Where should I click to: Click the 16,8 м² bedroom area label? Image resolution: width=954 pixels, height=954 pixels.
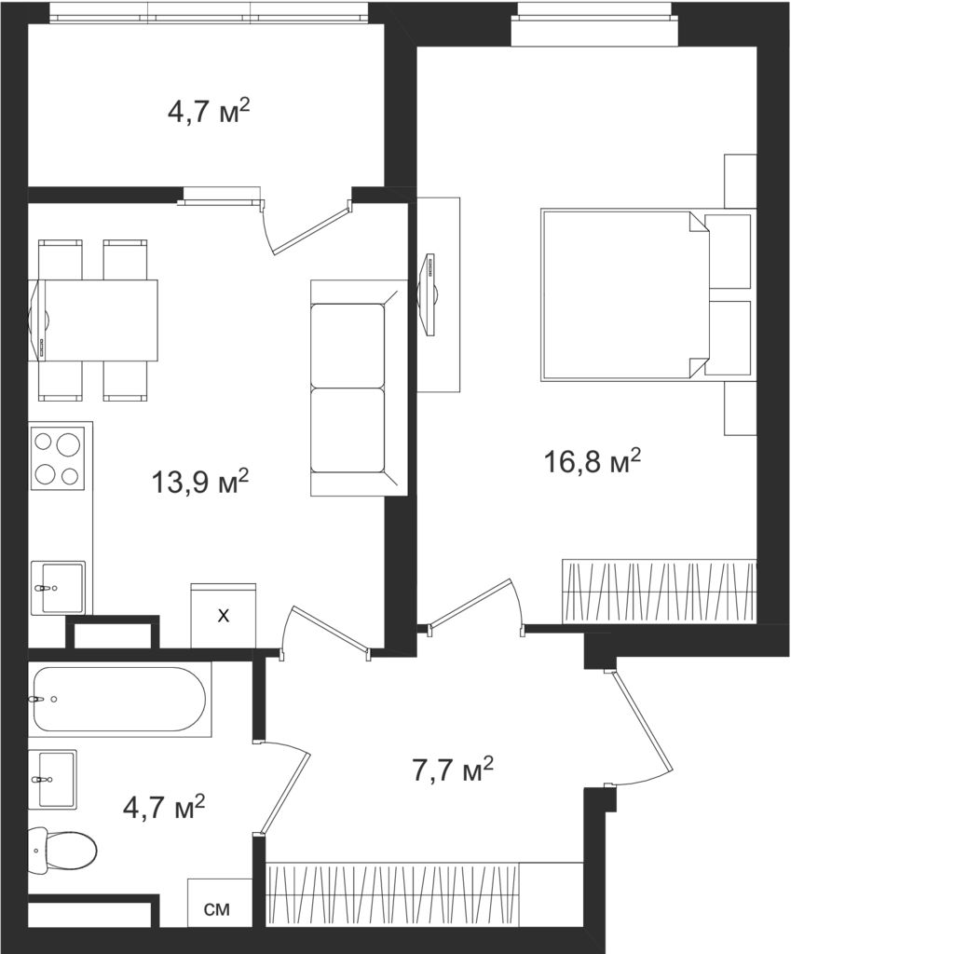pyautogui.click(x=592, y=462)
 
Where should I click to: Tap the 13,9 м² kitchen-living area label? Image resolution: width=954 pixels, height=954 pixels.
pyautogui.click(x=200, y=482)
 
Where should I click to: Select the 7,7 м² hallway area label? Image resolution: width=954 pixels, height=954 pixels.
pyautogui.click(x=453, y=770)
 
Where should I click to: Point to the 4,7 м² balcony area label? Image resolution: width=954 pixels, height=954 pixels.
pyautogui.click(x=209, y=112)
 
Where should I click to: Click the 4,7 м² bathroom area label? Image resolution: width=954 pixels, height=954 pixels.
pyautogui.click(x=164, y=808)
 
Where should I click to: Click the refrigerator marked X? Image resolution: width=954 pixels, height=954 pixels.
pyautogui.click(x=224, y=616)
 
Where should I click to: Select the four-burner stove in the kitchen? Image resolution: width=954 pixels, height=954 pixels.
pyautogui.click(x=58, y=457)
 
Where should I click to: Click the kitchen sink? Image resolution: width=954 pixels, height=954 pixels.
pyautogui.click(x=58, y=587)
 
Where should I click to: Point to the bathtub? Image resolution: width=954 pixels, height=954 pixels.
pyautogui.click(x=120, y=699)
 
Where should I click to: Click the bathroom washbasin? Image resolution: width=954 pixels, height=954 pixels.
pyautogui.click(x=52, y=779)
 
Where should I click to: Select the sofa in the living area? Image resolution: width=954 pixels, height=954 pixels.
pyautogui.click(x=359, y=388)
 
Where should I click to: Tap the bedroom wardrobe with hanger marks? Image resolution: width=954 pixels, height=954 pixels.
pyautogui.click(x=660, y=591)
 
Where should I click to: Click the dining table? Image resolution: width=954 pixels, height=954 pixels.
pyautogui.click(x=94, y=320)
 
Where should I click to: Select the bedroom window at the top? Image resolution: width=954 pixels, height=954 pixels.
pyautogui.click(x=594, y=24)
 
